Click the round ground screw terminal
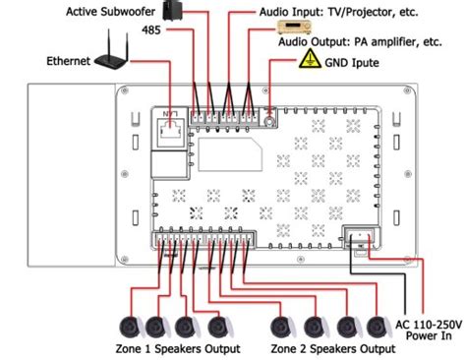pos(269,123)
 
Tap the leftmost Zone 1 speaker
pos(129,326)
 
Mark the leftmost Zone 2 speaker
pos(282,326)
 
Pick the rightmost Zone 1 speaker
pos(217,326)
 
